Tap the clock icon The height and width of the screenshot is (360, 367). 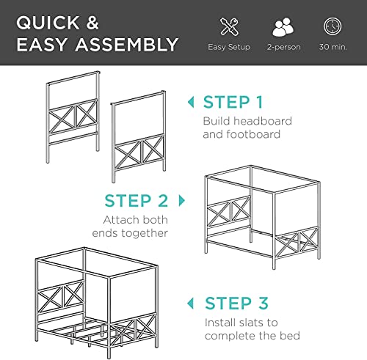pos(332,27)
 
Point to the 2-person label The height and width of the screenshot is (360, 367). pos(283,48)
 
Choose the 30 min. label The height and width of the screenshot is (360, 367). pos(332,48)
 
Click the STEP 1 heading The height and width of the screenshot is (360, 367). pos(233,102)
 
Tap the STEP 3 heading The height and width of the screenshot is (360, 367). pos(236,303)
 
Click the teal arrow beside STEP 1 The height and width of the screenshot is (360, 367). pos(192,102)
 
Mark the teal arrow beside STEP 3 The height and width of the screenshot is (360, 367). pos(192,303)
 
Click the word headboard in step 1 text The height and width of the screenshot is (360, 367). pos(265,120)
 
